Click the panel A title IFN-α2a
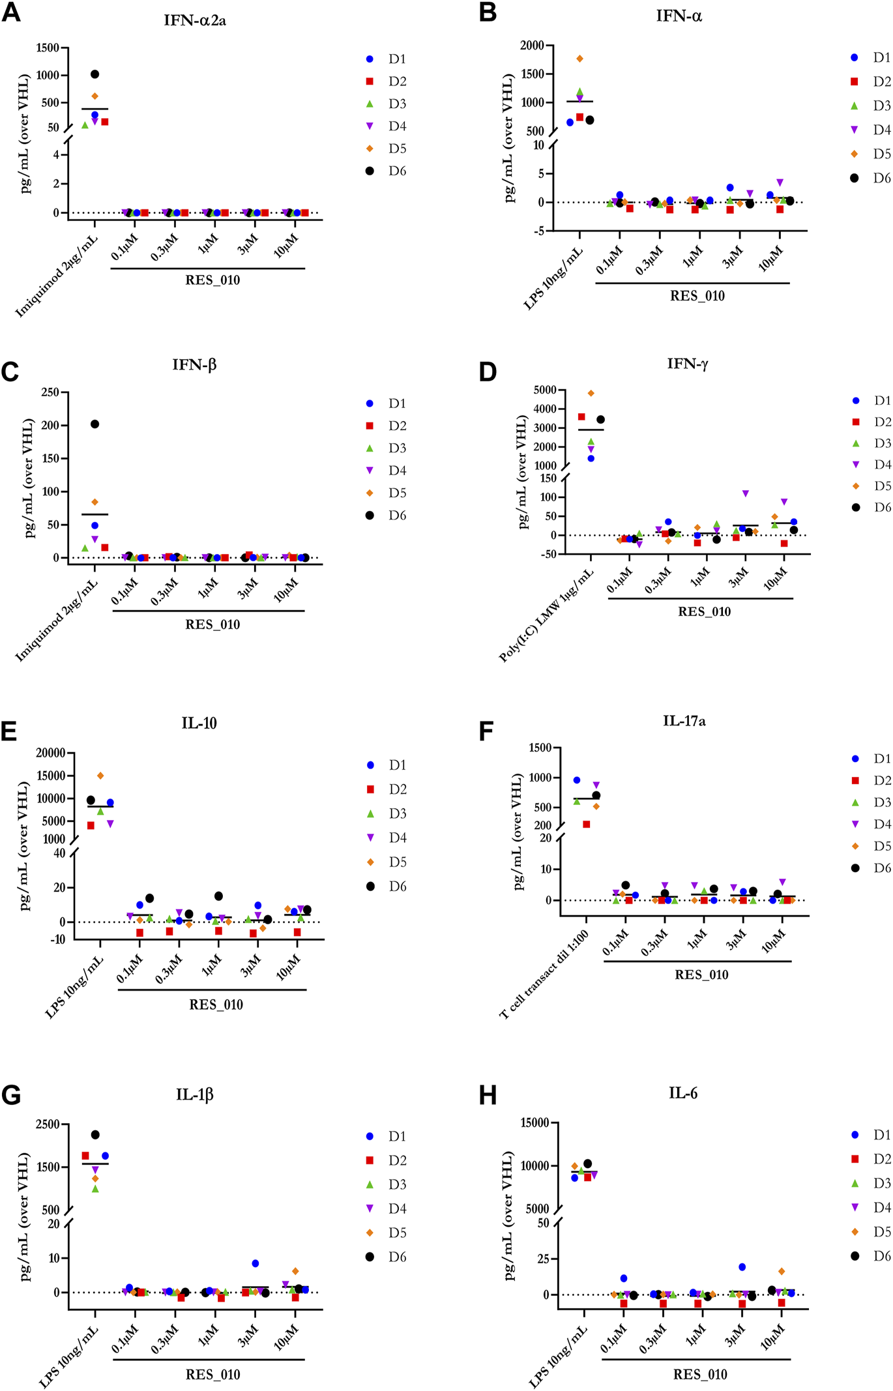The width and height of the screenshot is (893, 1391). pyautogui.click(x=195, y=20)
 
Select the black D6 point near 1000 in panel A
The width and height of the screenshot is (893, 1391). pyautogui.click(x=95, y=74)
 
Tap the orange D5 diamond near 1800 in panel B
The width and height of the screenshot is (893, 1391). pyautogui.click(x=579, y=59)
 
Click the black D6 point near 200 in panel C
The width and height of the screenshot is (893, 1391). pyautogui.click(x=95, y=424)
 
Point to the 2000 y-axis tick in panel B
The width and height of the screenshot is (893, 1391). pyautogui.click(x=532, y=45)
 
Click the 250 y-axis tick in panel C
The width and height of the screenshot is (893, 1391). pyautogui.click(x=50, y=392)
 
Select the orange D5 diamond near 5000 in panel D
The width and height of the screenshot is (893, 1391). pyautogui.click(x=591, y=393)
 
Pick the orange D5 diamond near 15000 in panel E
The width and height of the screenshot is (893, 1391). pyautogui.click(x=100, y=776)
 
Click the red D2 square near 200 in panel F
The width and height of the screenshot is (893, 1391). pyautogui.click(x=587, y=825)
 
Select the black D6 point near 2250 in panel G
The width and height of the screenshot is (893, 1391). pyautogui.click(x=95, y=1135)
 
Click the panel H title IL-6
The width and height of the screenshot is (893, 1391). pyautogui.click(x=682, y=1093)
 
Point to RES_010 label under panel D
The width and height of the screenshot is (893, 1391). pyautogui.click(x=704, y=611)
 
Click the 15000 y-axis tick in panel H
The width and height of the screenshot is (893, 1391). pyautogui.click(x=534, y=1122)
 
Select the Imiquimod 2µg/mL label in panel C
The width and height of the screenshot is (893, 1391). pyautogui.click(x=57, y=620)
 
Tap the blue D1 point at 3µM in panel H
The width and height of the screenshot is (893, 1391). pyautogui.click(x=742, y=1267)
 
